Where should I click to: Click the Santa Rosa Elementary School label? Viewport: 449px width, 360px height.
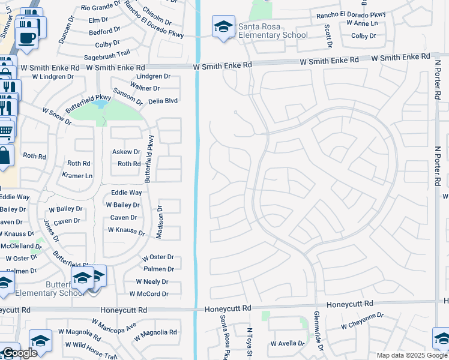tap(273, 31)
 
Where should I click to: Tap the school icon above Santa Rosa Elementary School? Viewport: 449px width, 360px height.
tap(223, 27)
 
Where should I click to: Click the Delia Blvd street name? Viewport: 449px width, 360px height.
tap(163, 101)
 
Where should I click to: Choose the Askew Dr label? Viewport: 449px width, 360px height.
tap(126, 152)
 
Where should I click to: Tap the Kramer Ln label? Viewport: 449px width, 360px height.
tap(77, 176)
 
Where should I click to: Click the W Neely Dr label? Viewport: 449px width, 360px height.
tap(152, 281)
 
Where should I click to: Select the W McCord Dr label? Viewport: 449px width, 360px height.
tap(149, 294)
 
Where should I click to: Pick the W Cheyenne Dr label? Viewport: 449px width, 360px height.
tap(362, 320)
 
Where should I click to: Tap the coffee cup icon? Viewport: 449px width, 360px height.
tap(26, 37)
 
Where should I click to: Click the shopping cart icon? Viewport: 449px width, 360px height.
tap(5, 129)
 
